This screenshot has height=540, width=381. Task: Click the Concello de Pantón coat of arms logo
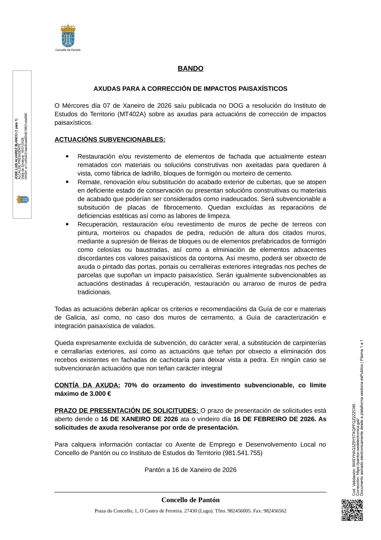click(x=68, y=36)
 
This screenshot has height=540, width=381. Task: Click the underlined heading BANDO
click(x=190, y=69)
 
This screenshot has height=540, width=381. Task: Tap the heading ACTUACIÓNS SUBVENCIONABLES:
click(x=110, y=139)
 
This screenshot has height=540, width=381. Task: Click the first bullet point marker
click(x=67, y=156)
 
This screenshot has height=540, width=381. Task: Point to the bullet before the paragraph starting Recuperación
click(x=67, y=224)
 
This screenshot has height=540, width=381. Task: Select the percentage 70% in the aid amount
click(x=131, y=385)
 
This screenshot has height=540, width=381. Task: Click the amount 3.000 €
click(x=100, y=394)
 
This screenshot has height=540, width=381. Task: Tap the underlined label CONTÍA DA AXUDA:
click(x=87, y=385)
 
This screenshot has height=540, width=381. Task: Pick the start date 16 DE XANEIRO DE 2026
click(x=139, y=419)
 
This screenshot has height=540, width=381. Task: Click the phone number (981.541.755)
click(x=243, y=453)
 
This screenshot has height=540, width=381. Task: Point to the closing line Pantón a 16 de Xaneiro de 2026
click(x=190, y=470)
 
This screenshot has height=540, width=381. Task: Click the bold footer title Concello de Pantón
click(x=190, y=500)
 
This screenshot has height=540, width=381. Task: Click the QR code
click(x=352, y=510)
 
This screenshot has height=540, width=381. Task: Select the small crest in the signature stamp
click(x=22, y=199)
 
